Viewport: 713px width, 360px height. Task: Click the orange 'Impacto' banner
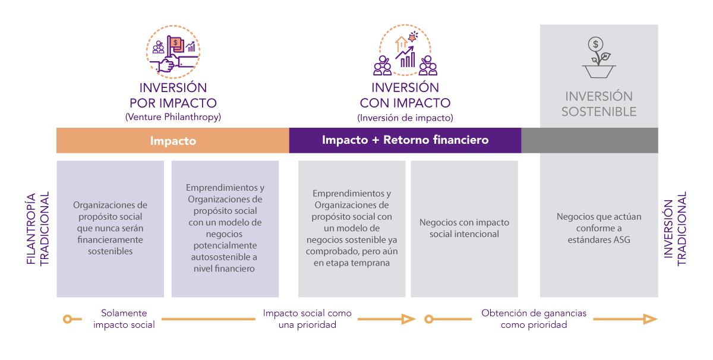173,141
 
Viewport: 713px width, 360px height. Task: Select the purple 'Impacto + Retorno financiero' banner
405,140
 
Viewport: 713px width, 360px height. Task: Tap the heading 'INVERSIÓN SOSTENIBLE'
599,104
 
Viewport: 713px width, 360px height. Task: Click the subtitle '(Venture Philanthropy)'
173,117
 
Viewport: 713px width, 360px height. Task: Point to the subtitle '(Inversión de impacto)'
405,118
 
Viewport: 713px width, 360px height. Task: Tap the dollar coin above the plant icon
596,44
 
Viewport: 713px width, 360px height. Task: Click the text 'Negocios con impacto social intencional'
464,228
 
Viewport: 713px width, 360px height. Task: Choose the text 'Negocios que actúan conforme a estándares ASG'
599,228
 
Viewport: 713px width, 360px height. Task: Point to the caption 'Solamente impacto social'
124,319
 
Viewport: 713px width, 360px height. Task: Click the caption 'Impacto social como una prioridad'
307,319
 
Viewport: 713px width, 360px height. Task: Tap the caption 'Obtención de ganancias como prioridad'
534,319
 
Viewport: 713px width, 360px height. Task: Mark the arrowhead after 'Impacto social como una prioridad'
408,319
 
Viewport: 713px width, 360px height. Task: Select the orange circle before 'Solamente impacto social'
68,320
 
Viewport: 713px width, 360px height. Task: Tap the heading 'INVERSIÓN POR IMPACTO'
173,96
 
